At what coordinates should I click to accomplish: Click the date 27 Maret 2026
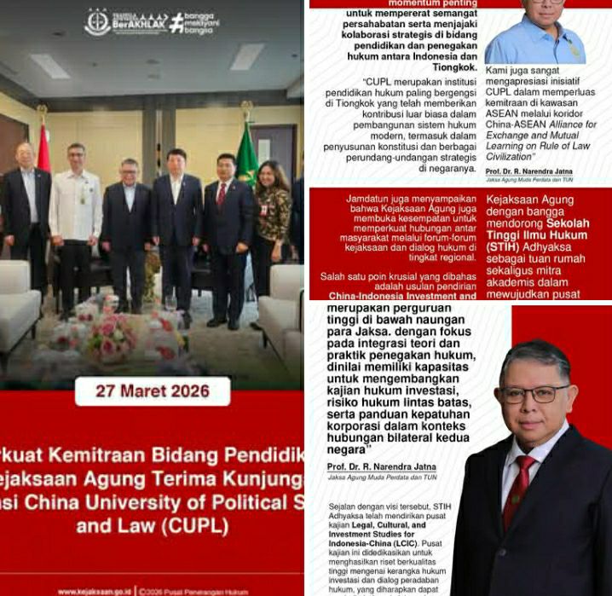(x=153, y=391)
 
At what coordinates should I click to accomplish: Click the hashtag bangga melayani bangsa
(x=194, y=22)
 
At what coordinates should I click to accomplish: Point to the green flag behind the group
(x=246, y=153)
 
